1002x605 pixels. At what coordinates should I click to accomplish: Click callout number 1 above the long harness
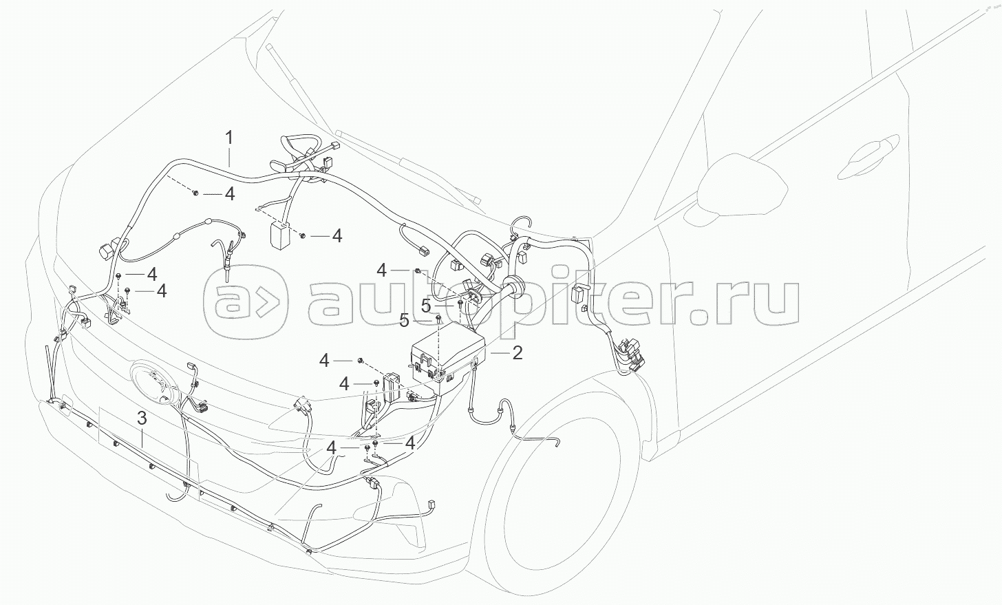coord(230,137)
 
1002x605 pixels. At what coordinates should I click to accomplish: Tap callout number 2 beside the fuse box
coord(517,353)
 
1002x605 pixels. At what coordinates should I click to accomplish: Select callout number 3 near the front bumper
coord(142,418)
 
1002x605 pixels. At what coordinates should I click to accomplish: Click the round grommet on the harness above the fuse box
coord(513,284)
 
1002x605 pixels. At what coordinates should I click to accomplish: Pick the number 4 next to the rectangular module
coord(337,236)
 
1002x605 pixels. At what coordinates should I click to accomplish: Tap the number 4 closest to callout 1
coord(229,194)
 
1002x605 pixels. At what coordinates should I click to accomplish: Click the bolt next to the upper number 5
coord(460,302)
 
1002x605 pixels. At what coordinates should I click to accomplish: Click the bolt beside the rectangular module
coord(303,236)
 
